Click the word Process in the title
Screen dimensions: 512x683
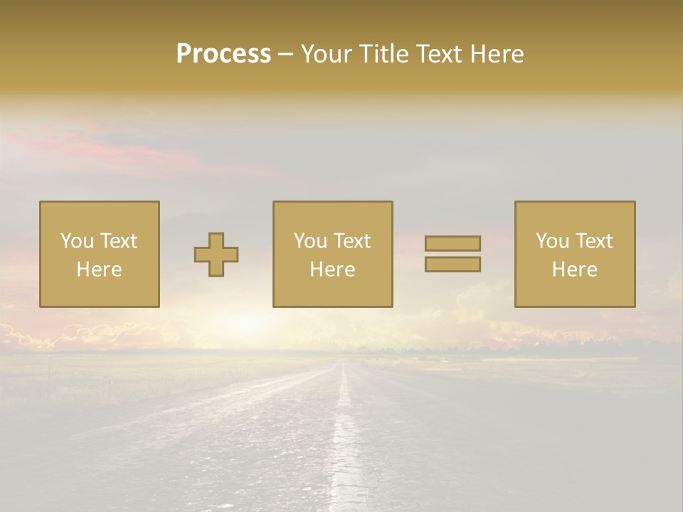tap(223, 54)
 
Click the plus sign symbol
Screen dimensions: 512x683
tap(216, 255)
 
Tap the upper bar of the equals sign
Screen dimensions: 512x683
tap(452, 243)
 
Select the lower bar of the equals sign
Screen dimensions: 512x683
tap(452, 265)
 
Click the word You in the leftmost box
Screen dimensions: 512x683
tap(77, 241)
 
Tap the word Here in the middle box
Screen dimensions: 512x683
tap(332, 270)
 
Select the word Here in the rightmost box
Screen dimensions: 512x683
tap(574, 270)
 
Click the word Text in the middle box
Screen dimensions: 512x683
tap(352, 241)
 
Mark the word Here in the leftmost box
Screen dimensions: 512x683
tap(99, 270)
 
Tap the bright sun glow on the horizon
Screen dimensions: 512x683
tap(245, 324)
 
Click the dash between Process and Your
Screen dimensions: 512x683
tap(285, 55)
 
